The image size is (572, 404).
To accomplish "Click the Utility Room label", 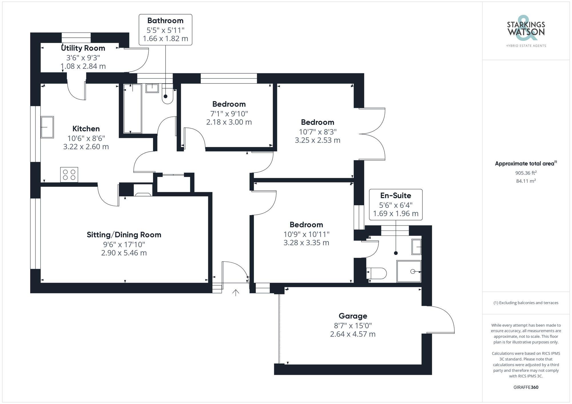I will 83,48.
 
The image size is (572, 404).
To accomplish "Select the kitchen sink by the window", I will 47,127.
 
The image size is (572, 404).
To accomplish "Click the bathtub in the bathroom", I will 132,108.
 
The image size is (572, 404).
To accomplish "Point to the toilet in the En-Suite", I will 377,273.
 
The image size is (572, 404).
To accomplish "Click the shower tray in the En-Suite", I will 409,271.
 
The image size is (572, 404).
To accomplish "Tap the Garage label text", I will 353,316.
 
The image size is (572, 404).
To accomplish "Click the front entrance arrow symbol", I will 235,293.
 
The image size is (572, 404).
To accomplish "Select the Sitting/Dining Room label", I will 124,235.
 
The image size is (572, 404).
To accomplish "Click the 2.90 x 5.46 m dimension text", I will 124,253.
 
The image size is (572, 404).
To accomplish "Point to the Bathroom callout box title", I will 165,21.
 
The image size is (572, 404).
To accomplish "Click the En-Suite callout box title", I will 396,196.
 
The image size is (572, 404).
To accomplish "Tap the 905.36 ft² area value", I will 526,173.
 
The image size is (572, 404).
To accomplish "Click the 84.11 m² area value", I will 526,181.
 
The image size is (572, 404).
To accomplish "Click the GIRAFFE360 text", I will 526,387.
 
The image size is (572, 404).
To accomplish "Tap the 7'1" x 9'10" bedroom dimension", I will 229,114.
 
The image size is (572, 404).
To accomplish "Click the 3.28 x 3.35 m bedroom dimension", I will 306,242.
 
